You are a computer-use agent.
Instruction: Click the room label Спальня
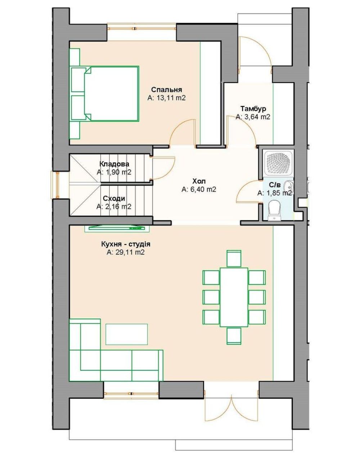166,90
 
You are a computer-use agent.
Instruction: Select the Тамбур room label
253,108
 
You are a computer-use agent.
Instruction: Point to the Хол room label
199,180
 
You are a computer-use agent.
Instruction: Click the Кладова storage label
114,164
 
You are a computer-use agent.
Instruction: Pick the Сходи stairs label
114,198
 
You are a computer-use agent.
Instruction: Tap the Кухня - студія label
126,244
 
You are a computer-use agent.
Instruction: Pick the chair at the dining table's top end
234,258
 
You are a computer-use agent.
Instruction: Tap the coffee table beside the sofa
126,334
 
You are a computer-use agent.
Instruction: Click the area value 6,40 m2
199,189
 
